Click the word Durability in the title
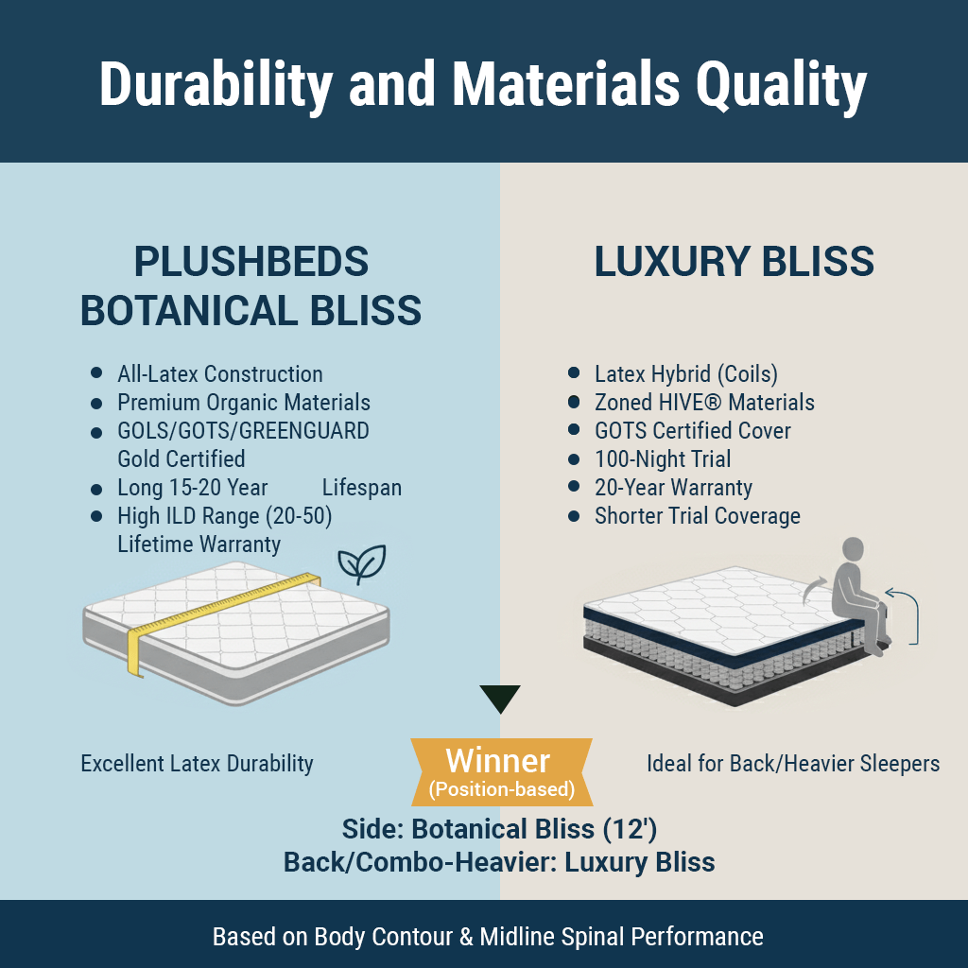point(216,85)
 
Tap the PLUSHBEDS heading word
point(251,262)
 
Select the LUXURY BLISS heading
point(734,262)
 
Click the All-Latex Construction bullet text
point(219,374)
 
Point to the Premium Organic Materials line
point(244,403)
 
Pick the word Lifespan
point(362,488)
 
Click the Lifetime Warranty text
point(199,544)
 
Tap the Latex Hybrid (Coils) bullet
point(686,374)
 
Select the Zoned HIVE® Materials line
point(704,403)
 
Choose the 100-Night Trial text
point(663,459)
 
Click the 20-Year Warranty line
point(673,488)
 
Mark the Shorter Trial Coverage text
point(698,516)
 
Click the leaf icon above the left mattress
point(362,563)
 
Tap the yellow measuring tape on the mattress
point(222,612)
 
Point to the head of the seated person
point(853,550)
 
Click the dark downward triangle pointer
point(500,698)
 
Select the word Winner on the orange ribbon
point(497,761)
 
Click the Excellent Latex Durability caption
point(197,764)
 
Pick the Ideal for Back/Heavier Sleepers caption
point(793,764)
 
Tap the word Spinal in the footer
point(593,937)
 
